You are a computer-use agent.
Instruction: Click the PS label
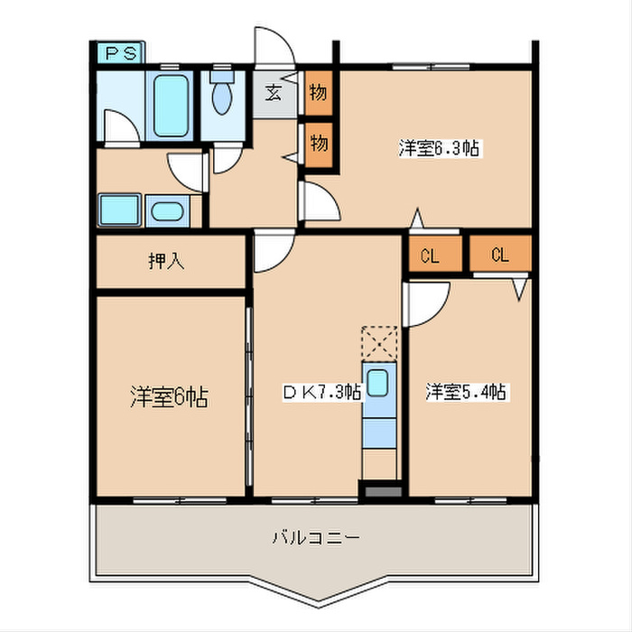[119, 53]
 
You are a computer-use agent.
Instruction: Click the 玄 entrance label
[273, 92]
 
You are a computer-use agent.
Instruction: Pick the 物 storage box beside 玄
[318, 92]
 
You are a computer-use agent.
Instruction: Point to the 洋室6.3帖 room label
[439, 149]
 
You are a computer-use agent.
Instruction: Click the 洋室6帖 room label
[169, 396]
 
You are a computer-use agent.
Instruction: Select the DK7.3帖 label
[322, 392]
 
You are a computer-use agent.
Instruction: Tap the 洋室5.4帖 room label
[465, 392]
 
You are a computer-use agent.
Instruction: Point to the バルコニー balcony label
[316, 538]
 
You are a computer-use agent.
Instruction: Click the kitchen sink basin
[380, 382]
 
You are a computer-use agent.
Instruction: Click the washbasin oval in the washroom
[166, 213]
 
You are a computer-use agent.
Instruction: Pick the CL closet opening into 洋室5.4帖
[500, 255]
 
